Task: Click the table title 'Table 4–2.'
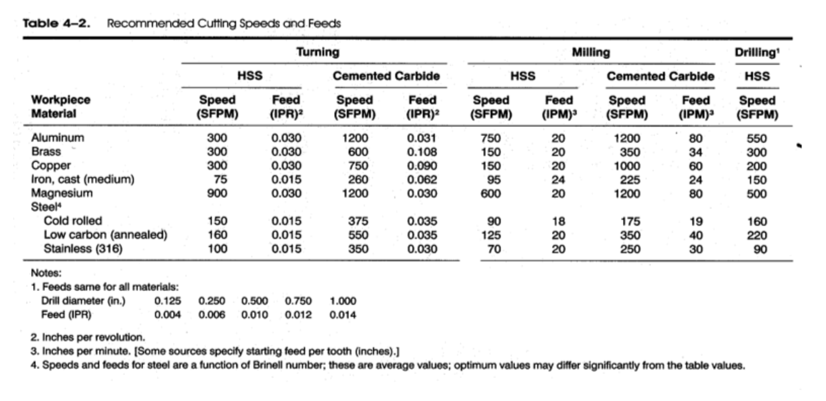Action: click(56, 23)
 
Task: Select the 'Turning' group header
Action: click(318, 52)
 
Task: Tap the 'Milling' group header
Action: click(591, 53)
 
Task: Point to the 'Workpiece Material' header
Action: click(61, 106)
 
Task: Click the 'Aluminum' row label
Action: click(58, 138)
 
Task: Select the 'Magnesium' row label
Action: click(62, 193)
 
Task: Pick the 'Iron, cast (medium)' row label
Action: click(83, 179)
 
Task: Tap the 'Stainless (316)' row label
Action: click(83, 249)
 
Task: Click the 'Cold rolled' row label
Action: click(72, 221)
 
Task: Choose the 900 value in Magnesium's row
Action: click(217, 193)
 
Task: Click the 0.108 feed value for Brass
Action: click(422, 152)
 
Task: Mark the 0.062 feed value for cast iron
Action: click(422, 180)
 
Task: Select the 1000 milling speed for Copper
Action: click(627, 166)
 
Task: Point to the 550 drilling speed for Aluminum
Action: click(757, 138)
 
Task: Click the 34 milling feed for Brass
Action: click(695, 152)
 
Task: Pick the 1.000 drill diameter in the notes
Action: click(343, 301)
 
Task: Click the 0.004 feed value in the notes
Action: click(167, 314)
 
